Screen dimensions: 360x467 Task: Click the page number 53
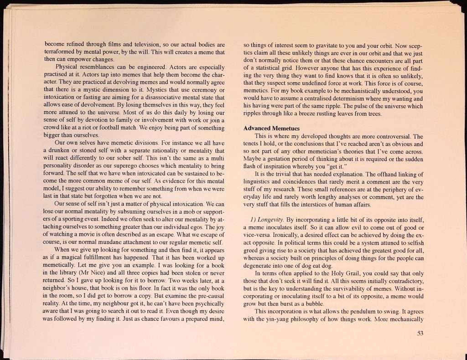[420, 333]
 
